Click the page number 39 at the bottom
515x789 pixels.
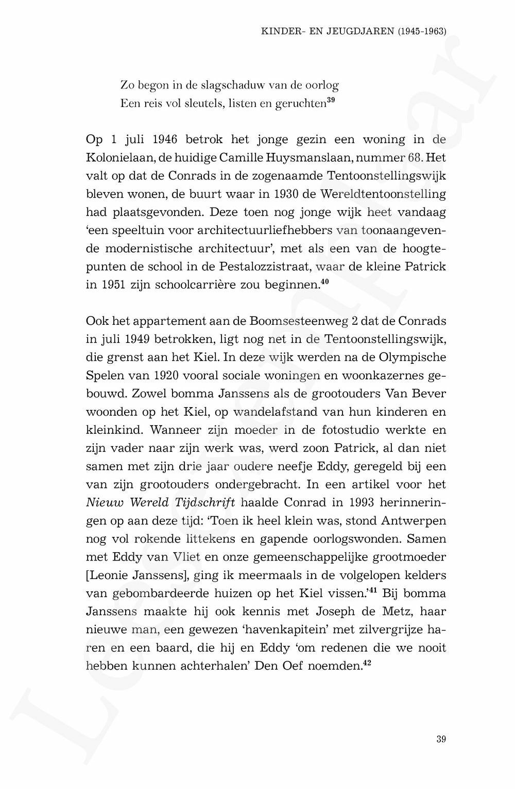[441, 740]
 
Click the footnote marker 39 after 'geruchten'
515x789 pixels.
[331, 100]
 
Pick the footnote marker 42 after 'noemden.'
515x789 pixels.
[367, 663]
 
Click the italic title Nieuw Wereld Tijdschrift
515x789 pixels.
[160, 503]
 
